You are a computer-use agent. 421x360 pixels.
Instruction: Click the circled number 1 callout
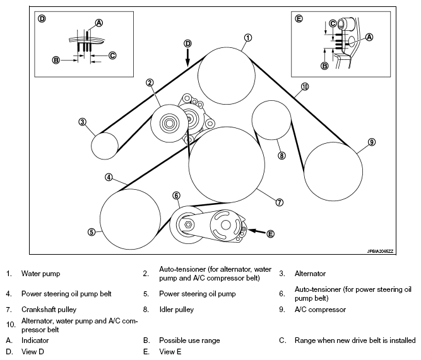pos(248,38)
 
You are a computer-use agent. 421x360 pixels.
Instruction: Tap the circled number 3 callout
pos(83,122)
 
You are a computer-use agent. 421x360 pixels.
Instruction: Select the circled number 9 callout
pos(372,142)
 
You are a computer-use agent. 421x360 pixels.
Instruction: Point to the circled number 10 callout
pos(305,86)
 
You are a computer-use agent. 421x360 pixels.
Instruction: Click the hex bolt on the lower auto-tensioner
pos(188,224)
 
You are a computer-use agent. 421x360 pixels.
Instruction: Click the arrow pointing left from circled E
pos(256,231)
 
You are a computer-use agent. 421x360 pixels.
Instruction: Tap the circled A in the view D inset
pos(99,23)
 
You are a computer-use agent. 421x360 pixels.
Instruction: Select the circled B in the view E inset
pos(324,66)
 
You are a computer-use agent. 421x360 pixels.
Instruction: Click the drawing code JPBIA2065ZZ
pos(380,252)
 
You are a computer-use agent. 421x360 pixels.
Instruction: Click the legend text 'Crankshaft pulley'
pos(49,310)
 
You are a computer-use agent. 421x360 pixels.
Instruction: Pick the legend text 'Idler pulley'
pos(176,310)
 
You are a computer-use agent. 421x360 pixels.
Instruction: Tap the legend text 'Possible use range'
pos(189,340)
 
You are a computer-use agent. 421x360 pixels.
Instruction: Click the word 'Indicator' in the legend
pos(35,340)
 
